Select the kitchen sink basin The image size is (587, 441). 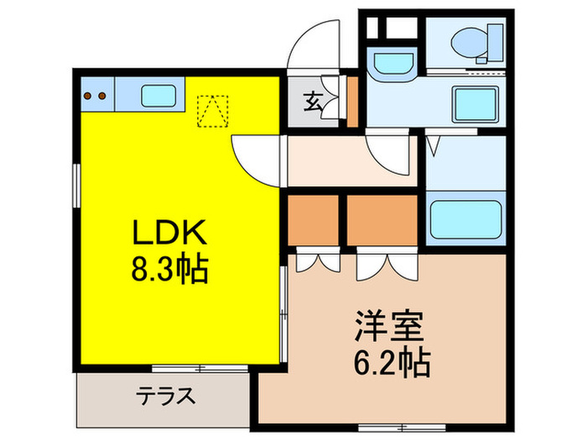(158, 96)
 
